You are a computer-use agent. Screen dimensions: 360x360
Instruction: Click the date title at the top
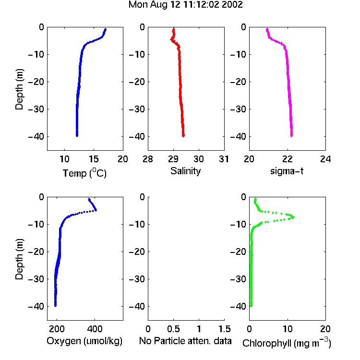pyautogui.click(x=185, y=5)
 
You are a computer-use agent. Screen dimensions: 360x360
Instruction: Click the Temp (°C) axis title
pyautogui.click(x=84, y=173)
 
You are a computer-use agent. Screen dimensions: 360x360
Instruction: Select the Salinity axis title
pyautogui.click(x=185, y=171)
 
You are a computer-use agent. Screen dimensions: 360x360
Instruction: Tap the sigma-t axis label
pyautogui.click(x=287, y=171)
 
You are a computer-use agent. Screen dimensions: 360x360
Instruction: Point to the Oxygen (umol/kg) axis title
pyautogui.click(x=84, y=341)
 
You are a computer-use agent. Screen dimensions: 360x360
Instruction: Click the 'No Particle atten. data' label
pyautogui.click(x=185, y=341)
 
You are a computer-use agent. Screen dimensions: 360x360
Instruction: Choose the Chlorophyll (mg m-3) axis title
pyautogui.click(x=287, y=343)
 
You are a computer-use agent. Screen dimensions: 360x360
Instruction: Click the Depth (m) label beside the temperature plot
pyautogui.click(x=19, y=89)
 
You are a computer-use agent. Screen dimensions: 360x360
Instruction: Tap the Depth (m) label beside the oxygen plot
pyautogui.click(x=19, y=259)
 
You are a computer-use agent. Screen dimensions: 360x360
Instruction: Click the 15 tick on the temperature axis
pyautogui.click(x=94, y=159)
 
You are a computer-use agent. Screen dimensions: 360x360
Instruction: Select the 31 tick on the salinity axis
pyautogui.click(x=224, y=159)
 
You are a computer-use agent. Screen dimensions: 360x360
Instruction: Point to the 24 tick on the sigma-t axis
pyautogui.click(x=325, y=159)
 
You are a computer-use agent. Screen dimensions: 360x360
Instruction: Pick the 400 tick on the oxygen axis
pyautogui.click(x=95, y=329)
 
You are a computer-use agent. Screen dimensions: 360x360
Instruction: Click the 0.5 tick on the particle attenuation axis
pyautogui.click(x=173, y=329)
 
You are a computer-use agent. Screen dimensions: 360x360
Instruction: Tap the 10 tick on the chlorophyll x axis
pyautogui.click(x=288, y=329)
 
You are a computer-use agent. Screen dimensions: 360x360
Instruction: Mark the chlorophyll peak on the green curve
pyautogui.click(x=293, y=217)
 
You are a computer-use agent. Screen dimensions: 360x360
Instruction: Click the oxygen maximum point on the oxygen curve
pyautogui.click(x=96, y=210)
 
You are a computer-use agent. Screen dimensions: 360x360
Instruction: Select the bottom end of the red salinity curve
pyautogui.click(x=183, y=136)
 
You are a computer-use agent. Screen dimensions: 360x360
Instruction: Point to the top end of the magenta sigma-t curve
pyautogui.click(x=267, y=29)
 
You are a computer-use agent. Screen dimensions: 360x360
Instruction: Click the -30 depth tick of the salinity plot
pyautogui.click(x=137, y=109)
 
